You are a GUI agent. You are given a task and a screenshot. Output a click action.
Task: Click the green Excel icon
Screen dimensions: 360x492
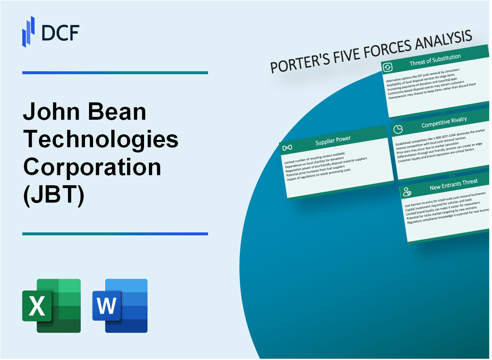coord(51,305)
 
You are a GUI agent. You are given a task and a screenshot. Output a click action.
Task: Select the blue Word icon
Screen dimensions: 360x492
coord(120,305)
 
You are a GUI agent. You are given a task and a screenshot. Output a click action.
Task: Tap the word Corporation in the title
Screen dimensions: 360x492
coord(92,167)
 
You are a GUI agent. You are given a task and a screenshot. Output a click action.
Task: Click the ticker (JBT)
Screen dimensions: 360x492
coord(53,195)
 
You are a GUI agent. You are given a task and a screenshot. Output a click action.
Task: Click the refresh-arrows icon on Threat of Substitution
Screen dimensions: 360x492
coord(387,67)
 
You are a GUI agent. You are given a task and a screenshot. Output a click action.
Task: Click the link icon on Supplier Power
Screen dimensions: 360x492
coord(288,148)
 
